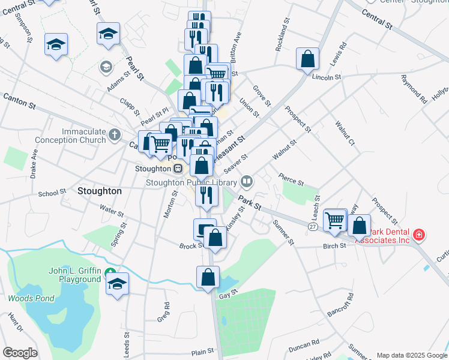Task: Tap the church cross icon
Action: coord(116,136)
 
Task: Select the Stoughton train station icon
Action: coord(178,169)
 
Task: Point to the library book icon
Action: coord(247,181)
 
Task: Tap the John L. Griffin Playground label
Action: coord(74,275)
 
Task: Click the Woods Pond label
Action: coord(31,298)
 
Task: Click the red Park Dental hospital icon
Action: coord(418,234)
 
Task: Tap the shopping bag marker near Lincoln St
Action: coord(307,60)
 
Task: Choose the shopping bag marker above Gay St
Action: coord(208,278)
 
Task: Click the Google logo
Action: coord(20,353)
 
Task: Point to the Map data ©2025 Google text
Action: coord(412,355)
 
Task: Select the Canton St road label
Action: coord(19,100)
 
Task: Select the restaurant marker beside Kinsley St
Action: coord(206,195)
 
